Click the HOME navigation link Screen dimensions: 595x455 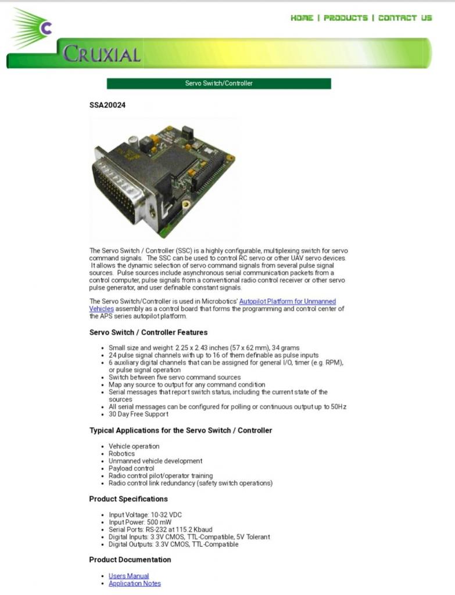click(302, 18)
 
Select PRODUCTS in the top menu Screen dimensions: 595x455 click(346, 18)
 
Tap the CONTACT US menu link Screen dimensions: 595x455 click(405, 18)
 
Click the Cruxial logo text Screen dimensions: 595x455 click(102, 55)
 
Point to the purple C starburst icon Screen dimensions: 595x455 click(46, 27)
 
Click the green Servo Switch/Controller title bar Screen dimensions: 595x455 click(218, 84)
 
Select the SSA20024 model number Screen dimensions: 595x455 click(107, 105)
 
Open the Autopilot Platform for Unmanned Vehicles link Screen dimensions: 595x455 click(287, 302)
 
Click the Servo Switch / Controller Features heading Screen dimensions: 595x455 click(148, 332)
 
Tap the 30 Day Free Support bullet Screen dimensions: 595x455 click(138, 414)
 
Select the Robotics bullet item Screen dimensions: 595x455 click(121, 454)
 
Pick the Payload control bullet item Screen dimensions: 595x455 click(131, 468)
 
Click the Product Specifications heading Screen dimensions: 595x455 click(128, 499)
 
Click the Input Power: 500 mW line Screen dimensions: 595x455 click(139, 522)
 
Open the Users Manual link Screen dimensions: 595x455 click(128, 576)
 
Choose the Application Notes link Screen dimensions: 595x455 click(134, 583)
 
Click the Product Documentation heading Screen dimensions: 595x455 click(130, 560)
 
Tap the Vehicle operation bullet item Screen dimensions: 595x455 click(134, 446)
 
